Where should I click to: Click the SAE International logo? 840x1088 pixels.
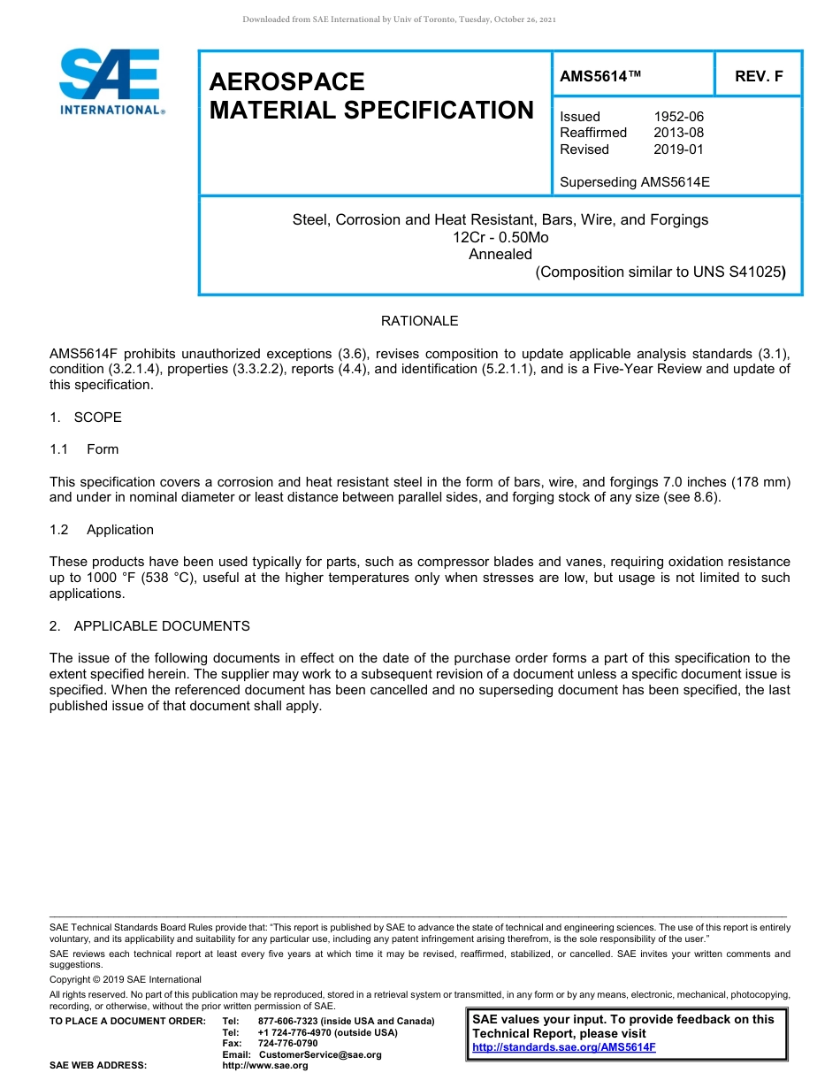pyautogui.click(x=111, y=81)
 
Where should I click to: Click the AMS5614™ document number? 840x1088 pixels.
pyautogui.click(x=599, y=77)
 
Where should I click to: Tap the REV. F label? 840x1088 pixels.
pyautogui.click(x=759, y=77)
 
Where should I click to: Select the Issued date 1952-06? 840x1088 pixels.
pyautogui.click(x=678, y=117)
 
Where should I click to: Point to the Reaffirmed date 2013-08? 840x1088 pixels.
pyautogui.click(x=678, y=133)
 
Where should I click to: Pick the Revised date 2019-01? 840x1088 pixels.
pyautogui.click(x=678, y=149)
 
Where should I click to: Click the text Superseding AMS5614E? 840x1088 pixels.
pyautogui.click(x=635, y=182)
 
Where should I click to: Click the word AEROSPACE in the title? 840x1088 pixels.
pyautogui.click(x=286, y=82)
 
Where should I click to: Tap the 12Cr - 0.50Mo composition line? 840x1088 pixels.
pyautogui.click(x=500, y=237)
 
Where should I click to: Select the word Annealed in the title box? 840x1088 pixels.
pyautogui.click(x=500, y=255)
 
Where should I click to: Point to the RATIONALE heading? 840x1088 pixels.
pyautogui.click(x=419, y=321)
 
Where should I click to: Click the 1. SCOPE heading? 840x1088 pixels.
pyautogui.click(x=86, y=418)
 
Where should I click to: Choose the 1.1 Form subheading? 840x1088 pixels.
pyautogui.click(x=85, y=449)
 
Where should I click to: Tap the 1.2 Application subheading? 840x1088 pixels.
pyautogui.click(x=103, y=530)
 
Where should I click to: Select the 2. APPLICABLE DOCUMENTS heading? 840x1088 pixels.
pyautogui.click(x=150, y=626)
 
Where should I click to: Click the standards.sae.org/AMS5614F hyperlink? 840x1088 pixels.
pyautogui.click(x=564, y=1047)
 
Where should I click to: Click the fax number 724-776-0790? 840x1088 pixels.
pyautogui.click(x=288, y=1044)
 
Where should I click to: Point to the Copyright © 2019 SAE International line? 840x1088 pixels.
pyautogui.click(x=126, y=979)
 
